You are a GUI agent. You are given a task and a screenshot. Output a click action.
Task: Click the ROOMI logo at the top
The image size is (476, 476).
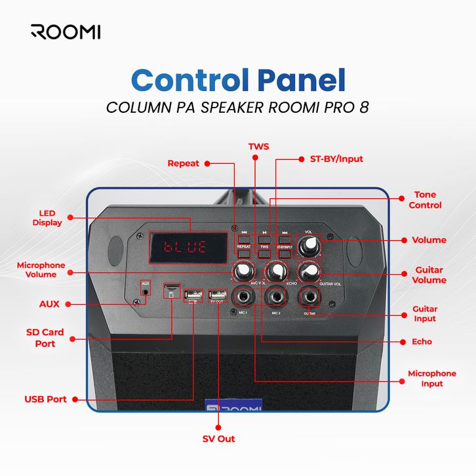click(66, 31)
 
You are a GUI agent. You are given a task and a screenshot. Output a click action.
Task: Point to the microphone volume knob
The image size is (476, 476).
click(243, 271)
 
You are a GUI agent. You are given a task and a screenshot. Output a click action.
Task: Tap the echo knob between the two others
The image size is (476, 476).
click(275, 271)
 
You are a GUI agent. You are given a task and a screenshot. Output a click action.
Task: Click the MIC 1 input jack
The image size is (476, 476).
click(244, 298)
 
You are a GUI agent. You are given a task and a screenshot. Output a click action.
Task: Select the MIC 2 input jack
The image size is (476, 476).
click(275, 298)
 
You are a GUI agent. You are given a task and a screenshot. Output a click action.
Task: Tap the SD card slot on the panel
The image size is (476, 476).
click(172, 289)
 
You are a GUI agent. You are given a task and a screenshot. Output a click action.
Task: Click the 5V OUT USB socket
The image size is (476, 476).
click(216, 297)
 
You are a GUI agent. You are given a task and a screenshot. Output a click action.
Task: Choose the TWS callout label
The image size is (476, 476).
click(258, 146)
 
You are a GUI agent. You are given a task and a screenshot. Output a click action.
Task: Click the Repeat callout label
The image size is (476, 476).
click(183, 163)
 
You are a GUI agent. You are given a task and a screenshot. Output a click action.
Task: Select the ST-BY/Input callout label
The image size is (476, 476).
click(336, 159)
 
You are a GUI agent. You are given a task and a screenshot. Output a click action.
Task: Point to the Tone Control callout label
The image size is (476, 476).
click(425, 200)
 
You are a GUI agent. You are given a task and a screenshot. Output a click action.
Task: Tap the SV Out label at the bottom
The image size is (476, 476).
click(218, 439)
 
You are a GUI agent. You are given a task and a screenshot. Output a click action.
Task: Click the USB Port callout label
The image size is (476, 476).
click(45, 399)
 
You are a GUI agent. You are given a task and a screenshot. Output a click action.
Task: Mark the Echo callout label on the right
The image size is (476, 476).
click(422, 342)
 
